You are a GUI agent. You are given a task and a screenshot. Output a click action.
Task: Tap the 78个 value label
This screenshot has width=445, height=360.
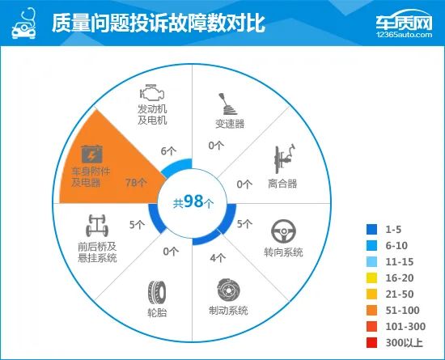[136, 182]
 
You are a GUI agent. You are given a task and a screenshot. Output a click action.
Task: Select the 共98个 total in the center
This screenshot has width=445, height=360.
[193, 201]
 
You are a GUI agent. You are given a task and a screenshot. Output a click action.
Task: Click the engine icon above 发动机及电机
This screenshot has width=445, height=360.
[152, 92]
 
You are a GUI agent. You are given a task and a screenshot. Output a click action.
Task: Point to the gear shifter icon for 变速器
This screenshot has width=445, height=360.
[227, 104]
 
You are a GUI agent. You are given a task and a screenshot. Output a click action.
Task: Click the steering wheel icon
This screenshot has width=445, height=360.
[283, 231]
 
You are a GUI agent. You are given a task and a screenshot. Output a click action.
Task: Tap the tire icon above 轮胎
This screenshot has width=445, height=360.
[157, 292]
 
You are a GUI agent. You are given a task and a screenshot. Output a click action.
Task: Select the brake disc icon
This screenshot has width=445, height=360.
[229, 290]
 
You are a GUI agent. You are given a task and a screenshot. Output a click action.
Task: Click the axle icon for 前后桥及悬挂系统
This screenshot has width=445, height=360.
[97, 226]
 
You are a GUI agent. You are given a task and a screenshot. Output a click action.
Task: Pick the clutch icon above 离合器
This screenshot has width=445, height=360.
[284, 159]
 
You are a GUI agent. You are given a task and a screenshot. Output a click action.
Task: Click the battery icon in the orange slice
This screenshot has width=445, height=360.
[91, 155]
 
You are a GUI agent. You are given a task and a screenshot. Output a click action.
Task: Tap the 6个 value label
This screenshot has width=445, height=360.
[168, 151]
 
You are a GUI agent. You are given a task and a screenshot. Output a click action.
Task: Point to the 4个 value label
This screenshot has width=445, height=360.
[218, 258]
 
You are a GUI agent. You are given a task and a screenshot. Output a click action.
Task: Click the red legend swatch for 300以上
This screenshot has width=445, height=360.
[372, 343]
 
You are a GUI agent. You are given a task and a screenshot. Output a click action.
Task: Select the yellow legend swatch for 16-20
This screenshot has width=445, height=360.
[372, 278]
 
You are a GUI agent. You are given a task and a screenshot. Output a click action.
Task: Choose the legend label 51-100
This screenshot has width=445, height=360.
[402, 311]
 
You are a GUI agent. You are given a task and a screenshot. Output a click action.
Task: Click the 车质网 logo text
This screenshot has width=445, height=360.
[404, 21]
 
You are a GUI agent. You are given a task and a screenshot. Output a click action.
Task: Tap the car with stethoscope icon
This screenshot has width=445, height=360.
[24, 23]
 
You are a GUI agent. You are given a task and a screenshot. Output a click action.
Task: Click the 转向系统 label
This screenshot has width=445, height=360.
[283, 252]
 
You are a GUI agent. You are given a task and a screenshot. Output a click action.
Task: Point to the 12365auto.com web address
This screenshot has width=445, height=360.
[404, 35]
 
